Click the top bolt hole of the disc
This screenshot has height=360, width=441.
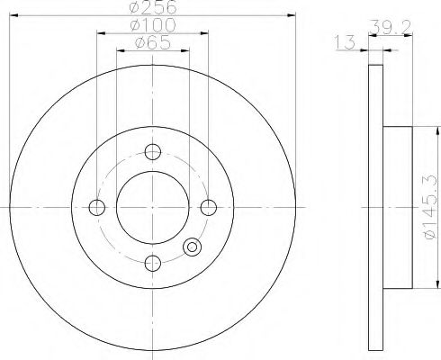153,152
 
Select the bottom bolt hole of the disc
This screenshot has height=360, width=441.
153,263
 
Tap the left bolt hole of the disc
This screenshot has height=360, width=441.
97,208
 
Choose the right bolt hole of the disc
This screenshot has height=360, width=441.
209,208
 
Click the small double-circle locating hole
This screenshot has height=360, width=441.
191,247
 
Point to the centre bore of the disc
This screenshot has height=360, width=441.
153,208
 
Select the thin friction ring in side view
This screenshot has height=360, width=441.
375,208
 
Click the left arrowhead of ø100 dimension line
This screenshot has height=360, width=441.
99,33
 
